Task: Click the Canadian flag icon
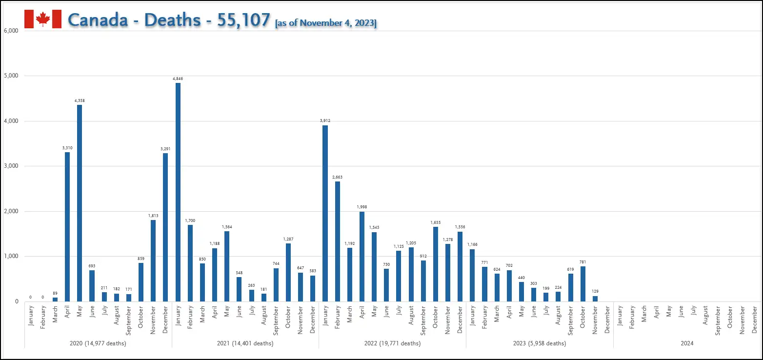(x=43, y=19)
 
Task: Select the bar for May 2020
(x=80, y=203)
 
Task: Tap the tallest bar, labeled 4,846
(x=178, y=192)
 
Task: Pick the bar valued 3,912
(x=325, y=213)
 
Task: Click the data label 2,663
(x=337, y=177)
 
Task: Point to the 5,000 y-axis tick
(x=10, y=76)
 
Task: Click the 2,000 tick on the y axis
(x=10, y=211)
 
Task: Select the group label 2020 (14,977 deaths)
(x=98, y=343)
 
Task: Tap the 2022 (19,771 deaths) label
(x=392, y=343)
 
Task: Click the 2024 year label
(x=687, y=343)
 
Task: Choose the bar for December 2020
(x=165, y=227)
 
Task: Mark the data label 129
(x=595, y=291)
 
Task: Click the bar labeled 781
(x=582, y=284)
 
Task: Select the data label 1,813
(x=153, y=216)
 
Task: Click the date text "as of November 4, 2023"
(x=326, y=23)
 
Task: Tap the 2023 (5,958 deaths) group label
(x=540, y=343)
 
